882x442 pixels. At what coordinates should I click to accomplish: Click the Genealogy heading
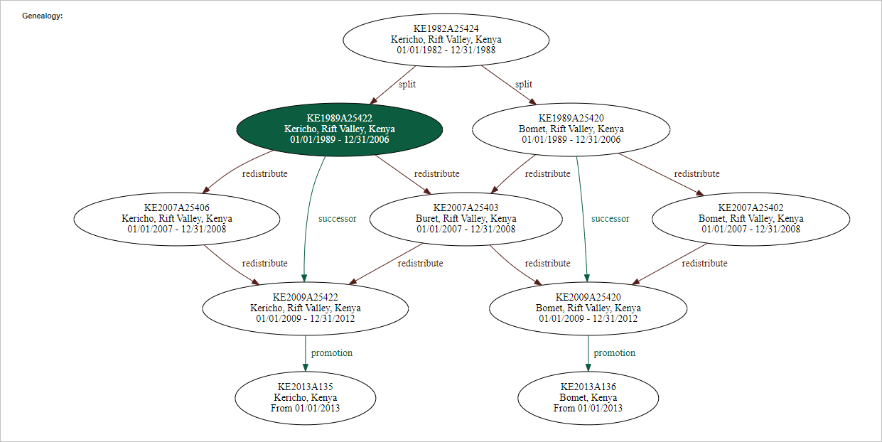43,16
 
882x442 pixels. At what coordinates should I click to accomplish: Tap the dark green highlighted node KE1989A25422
339,129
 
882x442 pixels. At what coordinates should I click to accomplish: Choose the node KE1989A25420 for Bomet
571,129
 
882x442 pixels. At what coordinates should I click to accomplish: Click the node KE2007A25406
176,218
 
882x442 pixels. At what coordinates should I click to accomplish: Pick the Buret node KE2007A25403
466,218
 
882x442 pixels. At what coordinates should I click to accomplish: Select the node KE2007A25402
751,218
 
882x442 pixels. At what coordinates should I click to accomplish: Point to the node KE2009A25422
305,308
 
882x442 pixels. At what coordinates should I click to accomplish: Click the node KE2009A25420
588,308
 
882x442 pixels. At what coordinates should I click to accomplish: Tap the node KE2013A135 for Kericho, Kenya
305,397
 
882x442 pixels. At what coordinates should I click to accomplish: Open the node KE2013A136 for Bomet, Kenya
588,397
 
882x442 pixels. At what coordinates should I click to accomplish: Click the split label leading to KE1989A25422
407,84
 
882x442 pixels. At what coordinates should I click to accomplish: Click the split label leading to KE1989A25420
523,84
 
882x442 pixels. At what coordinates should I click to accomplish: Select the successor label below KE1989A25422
338,218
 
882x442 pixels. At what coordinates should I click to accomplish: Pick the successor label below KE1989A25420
610,218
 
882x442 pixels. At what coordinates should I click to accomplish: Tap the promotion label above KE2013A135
331,352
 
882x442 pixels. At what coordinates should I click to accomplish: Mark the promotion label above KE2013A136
614,352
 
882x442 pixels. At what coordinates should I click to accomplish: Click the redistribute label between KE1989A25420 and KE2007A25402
697,173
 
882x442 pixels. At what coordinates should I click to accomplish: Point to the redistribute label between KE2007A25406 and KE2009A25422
264,263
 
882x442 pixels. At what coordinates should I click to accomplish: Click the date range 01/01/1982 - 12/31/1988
446,50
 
